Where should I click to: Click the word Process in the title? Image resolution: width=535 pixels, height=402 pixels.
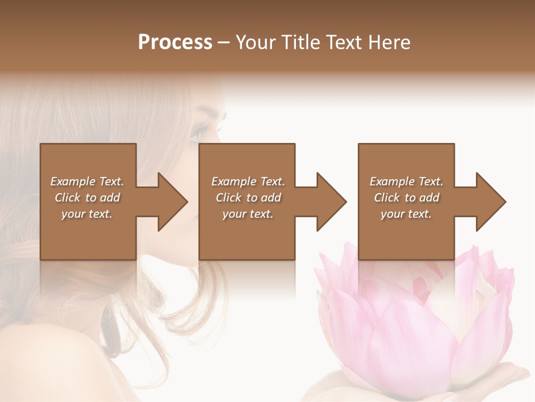click(x=175, y=42)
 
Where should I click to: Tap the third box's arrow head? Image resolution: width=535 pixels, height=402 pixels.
click(x=490, y=202)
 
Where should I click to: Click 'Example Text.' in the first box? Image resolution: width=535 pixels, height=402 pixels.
click(x=87, y=181)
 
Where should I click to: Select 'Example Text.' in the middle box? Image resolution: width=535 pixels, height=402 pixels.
click(x=247, y=181)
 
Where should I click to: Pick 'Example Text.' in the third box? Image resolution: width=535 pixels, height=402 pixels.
click(x=406, y=181)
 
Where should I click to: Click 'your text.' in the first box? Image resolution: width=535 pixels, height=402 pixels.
click(x=87, y=214)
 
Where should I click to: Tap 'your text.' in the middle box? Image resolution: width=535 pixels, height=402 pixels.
click(x=247, y=214)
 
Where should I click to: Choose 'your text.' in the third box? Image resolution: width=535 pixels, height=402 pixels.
click(x=406, y=214)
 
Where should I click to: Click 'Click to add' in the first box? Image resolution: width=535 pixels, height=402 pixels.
click(x=87, y=198)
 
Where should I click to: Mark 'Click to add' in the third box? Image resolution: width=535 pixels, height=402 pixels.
click(x=406, y=198)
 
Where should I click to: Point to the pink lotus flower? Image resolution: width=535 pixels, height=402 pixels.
click(x=412, y=318)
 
